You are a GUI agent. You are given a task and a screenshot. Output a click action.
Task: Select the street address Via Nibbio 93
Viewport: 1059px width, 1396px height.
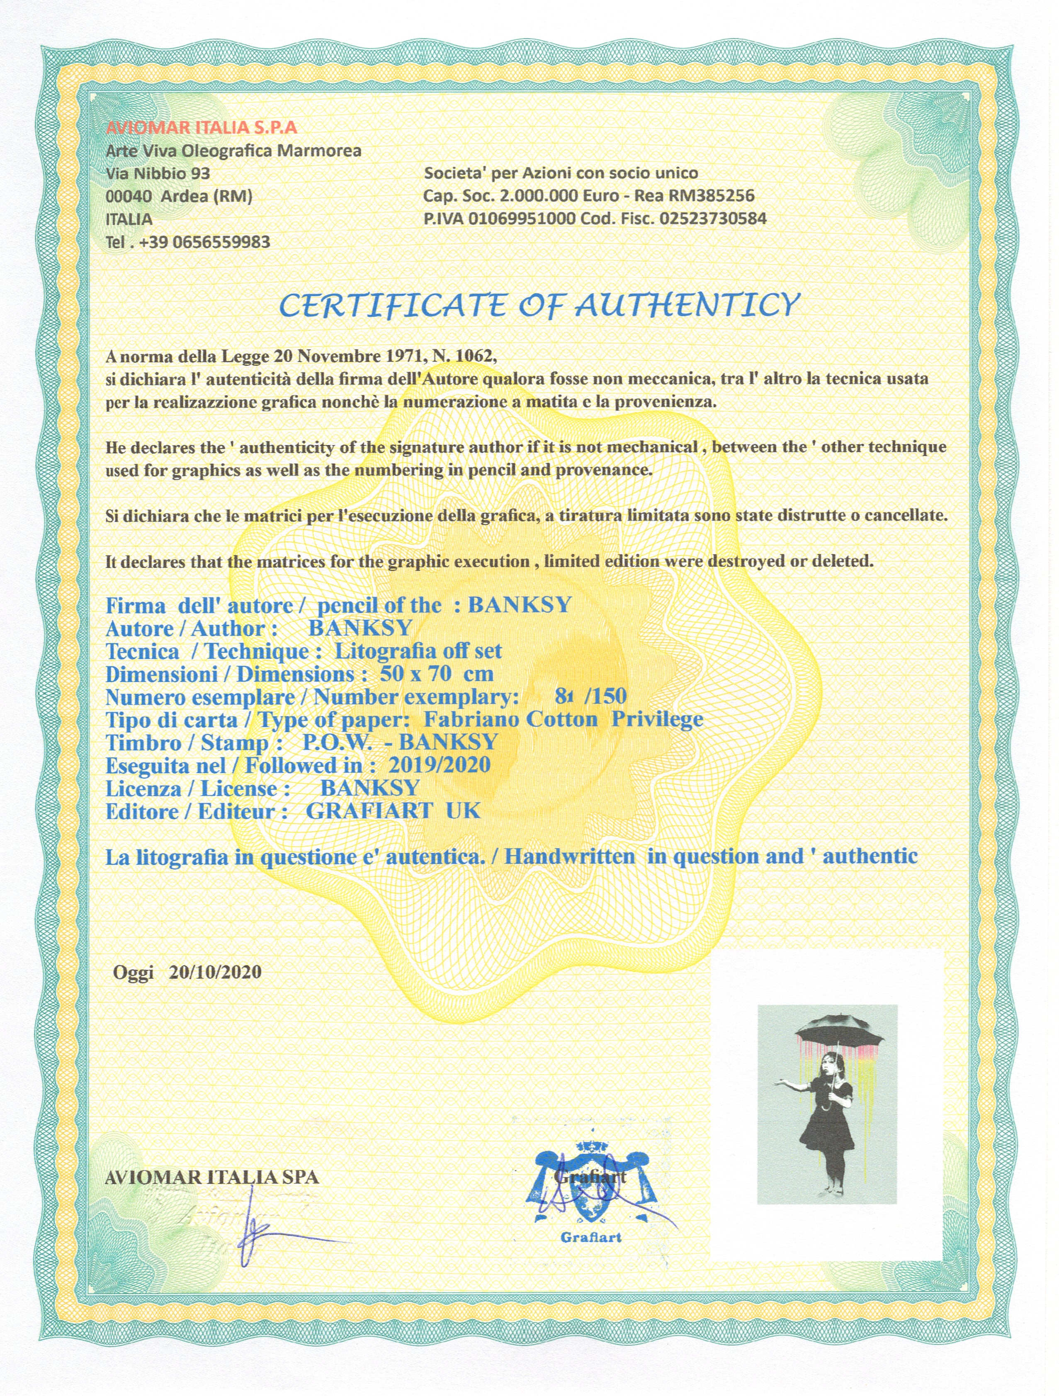[158, 173]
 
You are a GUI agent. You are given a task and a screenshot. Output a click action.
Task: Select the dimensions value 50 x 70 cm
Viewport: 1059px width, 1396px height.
[436, 674]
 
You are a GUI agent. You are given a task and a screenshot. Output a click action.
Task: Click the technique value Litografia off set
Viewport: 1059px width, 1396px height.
[418, 651]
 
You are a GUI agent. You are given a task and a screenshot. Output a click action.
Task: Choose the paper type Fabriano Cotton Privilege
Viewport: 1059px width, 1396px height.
[563, 720]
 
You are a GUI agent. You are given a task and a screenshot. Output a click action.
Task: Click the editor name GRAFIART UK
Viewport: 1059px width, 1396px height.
[393, 811]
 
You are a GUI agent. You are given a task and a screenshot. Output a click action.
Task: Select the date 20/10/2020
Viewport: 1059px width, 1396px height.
[214, 972]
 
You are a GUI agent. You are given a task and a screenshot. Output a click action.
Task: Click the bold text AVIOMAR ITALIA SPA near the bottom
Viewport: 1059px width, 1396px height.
[212, 1177]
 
